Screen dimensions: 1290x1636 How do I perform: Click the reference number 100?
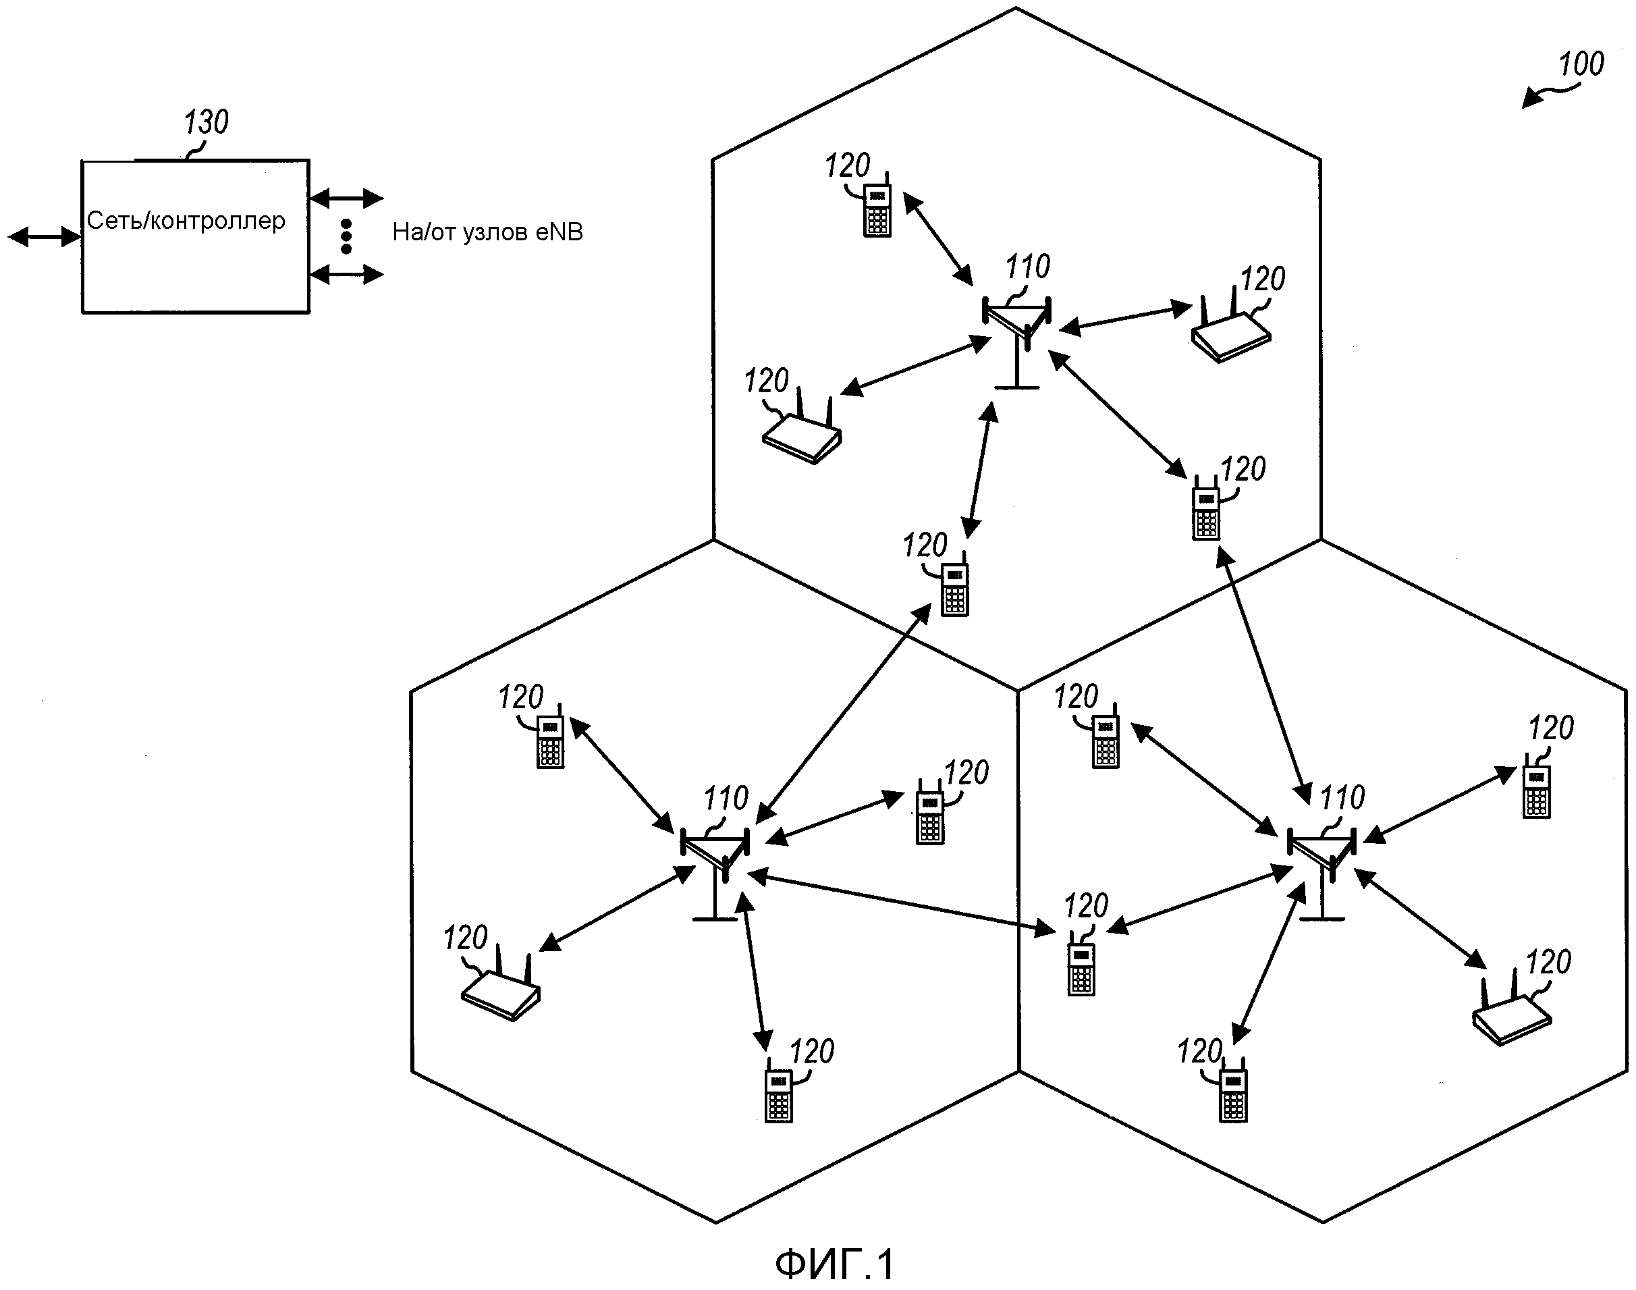point(1581,64)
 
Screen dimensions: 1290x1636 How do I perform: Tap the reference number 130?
point(206,122)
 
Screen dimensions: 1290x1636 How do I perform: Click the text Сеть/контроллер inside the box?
point(186,221)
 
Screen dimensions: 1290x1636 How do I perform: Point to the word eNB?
point(559,232)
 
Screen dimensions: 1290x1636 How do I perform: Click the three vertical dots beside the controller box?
point(346,236)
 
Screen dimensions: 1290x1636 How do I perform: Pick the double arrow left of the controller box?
point(44,237)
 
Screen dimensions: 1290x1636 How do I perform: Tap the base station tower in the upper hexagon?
point(1016,340)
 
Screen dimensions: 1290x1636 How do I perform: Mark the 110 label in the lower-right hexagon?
point(1342,798)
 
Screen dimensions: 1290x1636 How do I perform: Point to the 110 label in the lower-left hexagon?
point(726,799)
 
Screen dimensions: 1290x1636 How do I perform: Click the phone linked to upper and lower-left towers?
point(955,590)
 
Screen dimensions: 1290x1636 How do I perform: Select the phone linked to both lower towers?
point(1081,969)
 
